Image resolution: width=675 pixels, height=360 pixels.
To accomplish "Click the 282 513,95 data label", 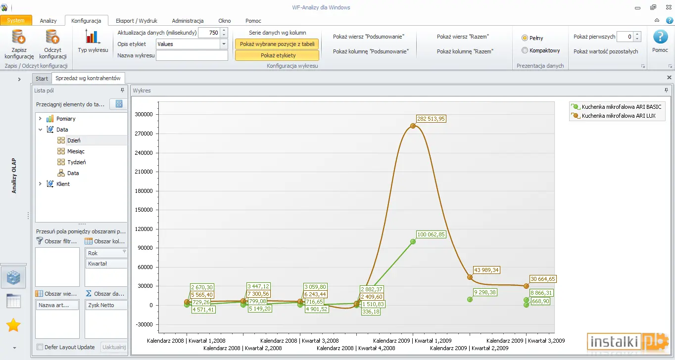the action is (x=431, y=119).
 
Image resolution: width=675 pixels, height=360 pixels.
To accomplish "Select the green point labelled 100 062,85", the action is (x=413, y=241).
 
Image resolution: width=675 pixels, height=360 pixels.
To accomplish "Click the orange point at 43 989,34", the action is (x=470, y=277).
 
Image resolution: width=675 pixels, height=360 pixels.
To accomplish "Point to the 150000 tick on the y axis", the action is (x=144, y=210).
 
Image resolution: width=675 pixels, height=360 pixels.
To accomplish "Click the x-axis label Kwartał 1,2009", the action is (x=433, y=341).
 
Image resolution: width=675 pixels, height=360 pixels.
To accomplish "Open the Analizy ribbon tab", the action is (x=48, y=21).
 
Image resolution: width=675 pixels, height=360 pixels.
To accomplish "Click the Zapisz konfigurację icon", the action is (x=19, y=37).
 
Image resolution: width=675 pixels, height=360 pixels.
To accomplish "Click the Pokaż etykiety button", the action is (x=277, y=55).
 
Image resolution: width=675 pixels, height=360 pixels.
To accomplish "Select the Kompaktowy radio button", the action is (x=525, y=50).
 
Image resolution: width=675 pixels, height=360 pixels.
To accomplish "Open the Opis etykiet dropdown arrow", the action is (x=224, y=44).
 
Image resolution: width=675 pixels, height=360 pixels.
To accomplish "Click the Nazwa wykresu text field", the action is (x=192, y=56).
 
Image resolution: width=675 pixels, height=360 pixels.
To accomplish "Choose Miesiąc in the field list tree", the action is (x=76, y=151).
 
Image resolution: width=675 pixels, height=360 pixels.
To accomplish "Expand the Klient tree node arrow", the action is (x=40, y=183).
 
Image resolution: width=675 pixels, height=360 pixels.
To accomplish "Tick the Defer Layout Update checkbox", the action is (x=40, y=347).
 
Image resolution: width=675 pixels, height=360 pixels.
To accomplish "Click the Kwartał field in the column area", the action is (x=106, y=264).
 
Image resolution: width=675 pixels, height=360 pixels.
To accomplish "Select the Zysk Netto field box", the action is (x=106, y=305).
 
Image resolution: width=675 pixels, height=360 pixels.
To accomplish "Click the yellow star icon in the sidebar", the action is (x=13, y=325).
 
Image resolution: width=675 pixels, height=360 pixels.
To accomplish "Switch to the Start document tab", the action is (x=42, y=79).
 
